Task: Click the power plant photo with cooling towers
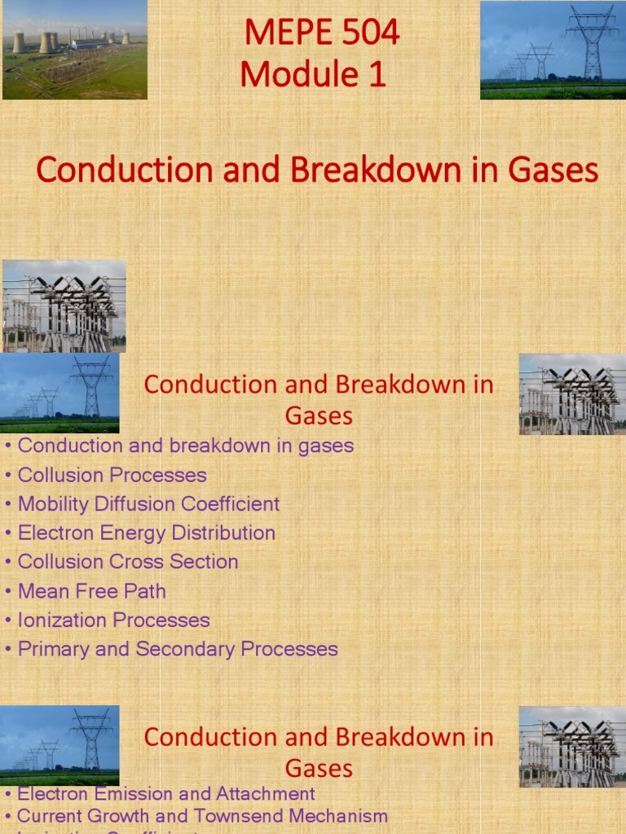coord(74,50)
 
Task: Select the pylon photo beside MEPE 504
coord(553,50)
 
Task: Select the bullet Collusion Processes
coord(112,475)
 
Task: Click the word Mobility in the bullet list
coord(53,504)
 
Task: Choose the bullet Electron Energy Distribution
coord(146,533)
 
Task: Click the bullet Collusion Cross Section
coord(127,562)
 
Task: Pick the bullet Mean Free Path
coord(91,591)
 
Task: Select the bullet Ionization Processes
coord(113,620)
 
